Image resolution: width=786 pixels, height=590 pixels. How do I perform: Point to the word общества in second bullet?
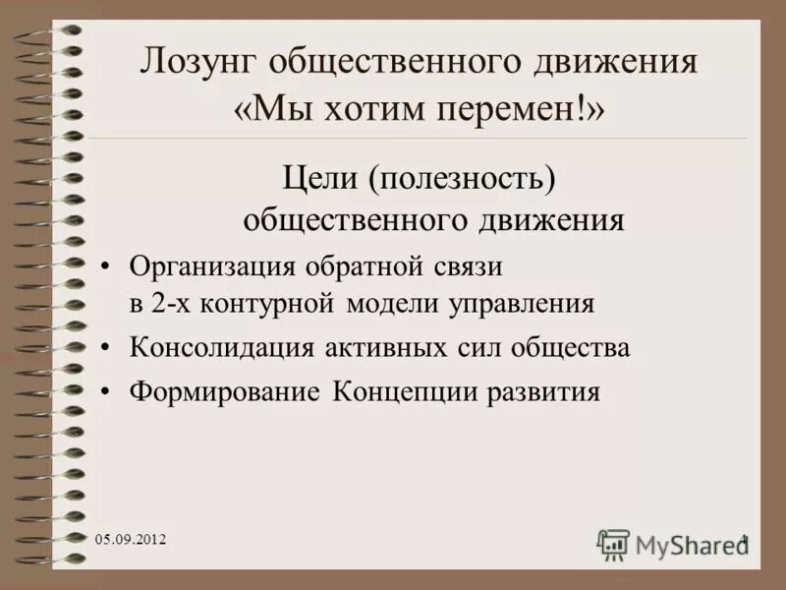pyautogui.click(x=571, y=348)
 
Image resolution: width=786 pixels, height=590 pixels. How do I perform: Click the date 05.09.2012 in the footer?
pyautogui.click(x=132, y=540)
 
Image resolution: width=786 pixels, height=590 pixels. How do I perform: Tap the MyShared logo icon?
pyautogui.click(x=613, y=543)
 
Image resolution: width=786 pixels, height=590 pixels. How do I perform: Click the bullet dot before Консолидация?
pyautogui.click(x=107, y=349)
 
